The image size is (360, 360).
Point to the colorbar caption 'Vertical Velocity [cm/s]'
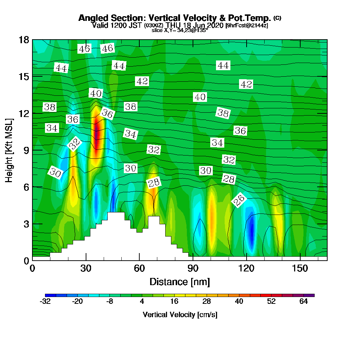180,315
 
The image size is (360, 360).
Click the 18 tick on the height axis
24,40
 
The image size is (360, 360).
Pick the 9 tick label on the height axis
26,150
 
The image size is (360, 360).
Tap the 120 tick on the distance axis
246,268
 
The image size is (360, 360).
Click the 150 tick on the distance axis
300,268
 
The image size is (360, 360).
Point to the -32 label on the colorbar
45,302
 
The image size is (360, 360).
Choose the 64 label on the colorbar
303,302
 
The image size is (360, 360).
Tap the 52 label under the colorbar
271,302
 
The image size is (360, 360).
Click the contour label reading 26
238,200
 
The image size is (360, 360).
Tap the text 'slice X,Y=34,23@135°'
180,30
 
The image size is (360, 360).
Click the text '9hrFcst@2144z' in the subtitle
247,26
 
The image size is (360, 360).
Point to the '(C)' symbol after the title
277,18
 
